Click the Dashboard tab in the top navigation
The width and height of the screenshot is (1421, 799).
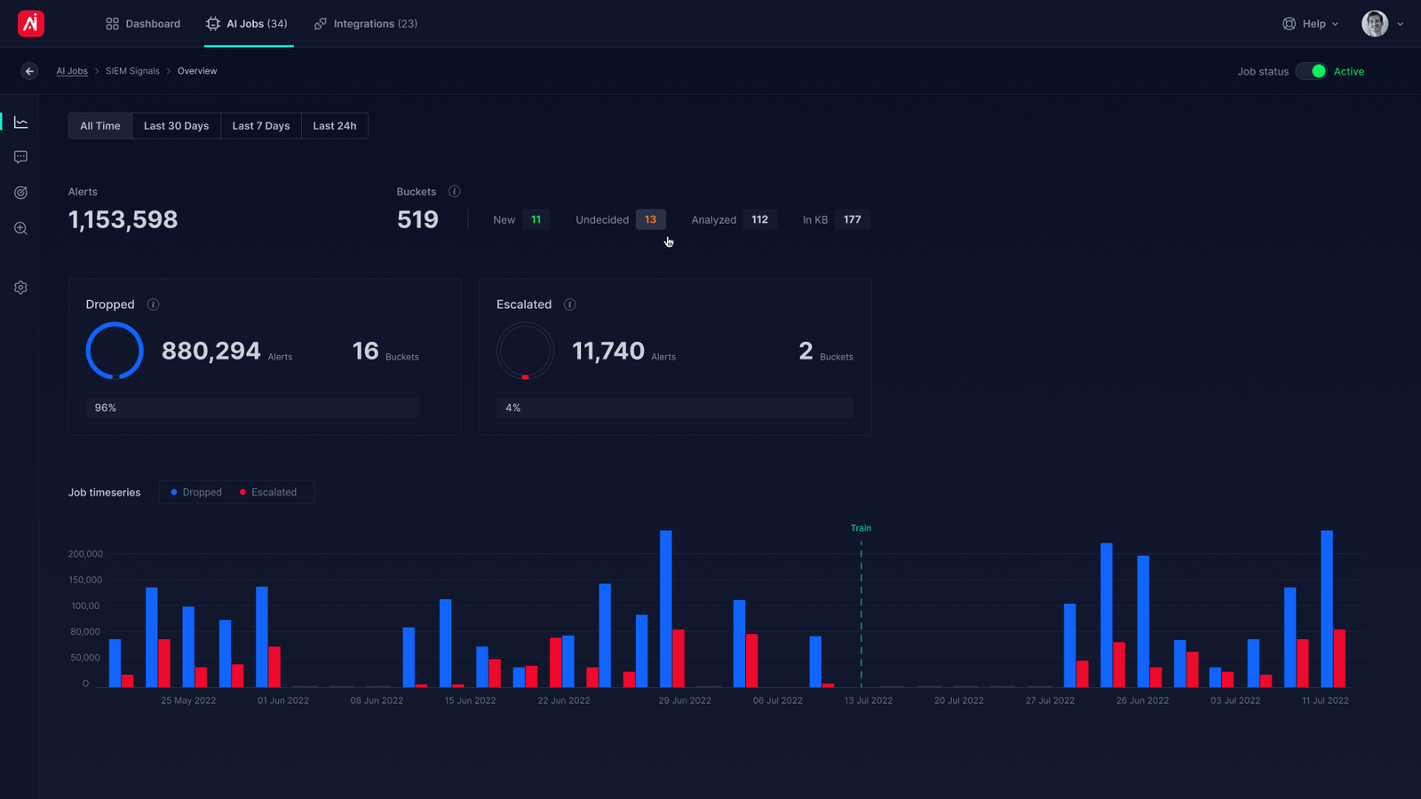(x=143, y=24)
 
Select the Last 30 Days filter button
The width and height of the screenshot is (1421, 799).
(x=176, y=126)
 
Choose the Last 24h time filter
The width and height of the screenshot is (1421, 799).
(x=334, y=126)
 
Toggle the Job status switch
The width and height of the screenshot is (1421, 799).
(x=1312, y=71)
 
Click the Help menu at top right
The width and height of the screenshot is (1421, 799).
(x=1310, y=24)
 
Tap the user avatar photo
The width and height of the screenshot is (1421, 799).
(x=1374, y=24)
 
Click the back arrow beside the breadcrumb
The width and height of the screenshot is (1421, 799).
(x=29, y=71)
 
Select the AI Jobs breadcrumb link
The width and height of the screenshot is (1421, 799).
(x=72, y=71)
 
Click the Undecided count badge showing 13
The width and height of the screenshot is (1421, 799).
(x=650, y=219)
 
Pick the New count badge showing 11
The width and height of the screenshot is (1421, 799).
(x=536, y=219)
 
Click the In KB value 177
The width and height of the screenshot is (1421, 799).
(x=852, y=219)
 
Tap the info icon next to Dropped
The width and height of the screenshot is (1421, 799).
(x=153, y=305)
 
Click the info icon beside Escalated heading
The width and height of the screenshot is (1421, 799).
(x=570, y=305)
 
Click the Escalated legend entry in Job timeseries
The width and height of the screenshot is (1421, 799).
(x=268, y=492)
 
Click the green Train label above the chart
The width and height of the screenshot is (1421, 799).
(x=861, y=528)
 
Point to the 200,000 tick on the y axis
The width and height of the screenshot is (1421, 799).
(x=85, y=554)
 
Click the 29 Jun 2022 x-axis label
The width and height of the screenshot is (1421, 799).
(x=685, y=700)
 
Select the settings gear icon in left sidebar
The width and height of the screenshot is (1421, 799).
(x=20, y=288)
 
